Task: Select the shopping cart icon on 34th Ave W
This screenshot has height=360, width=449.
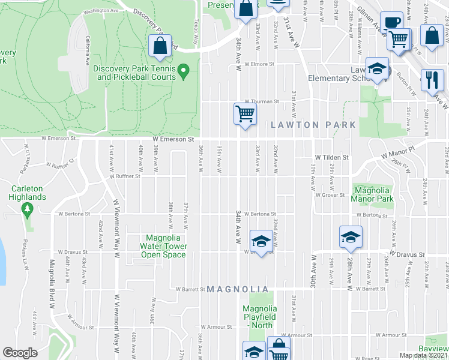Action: (245, 113)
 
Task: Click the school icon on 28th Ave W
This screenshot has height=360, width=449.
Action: (351, 236)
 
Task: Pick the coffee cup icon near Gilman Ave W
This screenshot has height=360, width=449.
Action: (391, 22)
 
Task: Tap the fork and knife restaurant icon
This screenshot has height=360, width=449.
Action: (432, 79)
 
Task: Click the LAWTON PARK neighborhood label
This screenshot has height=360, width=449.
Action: (313, 125)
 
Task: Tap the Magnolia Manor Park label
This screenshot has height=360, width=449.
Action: (371, 194)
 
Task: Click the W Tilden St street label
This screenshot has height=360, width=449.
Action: (330, 157)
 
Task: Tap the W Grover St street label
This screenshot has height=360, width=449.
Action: (332, 194)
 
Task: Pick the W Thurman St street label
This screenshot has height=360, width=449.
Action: (261, 102)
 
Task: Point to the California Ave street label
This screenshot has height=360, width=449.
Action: (88, 50)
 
